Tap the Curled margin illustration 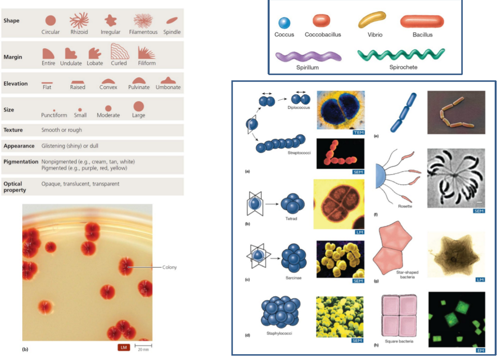[118, 51]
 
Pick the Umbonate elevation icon [168, 80]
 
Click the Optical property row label [15, 187]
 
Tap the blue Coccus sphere [284, 22]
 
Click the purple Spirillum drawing [308, 57]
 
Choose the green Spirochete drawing [401, 55]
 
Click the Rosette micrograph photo [456, 181]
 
